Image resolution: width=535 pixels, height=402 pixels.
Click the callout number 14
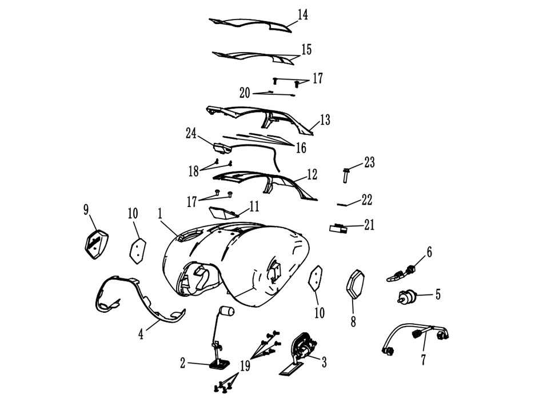coord(302,15)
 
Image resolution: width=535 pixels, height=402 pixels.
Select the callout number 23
coord(369,162)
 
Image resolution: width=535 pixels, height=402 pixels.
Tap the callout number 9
coord(86,210)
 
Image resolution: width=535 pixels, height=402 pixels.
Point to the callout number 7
coord(424,360)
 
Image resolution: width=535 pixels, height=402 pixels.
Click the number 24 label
coord(191,133)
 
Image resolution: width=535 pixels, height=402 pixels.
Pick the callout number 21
coord(369,225)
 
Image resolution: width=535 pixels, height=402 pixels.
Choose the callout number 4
coord(141,334)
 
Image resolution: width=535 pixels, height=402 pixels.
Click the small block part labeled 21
coord(338,228)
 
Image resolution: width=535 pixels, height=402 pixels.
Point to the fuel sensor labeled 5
coord(406,296)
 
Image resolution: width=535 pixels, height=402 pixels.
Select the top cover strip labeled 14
coord(250,25)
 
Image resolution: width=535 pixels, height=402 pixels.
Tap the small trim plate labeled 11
coord(223,213)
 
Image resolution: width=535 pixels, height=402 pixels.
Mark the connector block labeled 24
coord(222,148)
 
